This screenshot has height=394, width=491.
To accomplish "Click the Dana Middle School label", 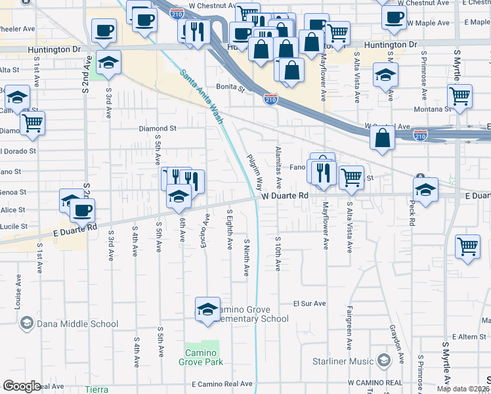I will click(x=78, y=324).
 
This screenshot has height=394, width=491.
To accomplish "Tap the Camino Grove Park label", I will click(x=201, y=357).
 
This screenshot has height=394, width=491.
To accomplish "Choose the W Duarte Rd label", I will click(x=284, y=196).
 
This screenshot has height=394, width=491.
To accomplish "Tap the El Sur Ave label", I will click(x=309, y=304).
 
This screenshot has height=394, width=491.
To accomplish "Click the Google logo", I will click(x=22, y=386).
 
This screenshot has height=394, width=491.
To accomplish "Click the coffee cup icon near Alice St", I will click(x=83, y=210).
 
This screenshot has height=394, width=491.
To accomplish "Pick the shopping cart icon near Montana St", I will click(x=460, y=96).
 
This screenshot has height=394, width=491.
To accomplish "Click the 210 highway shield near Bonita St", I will click(x=270, y=98).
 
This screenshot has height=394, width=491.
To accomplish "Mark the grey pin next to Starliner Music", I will click(x=381, y=361).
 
